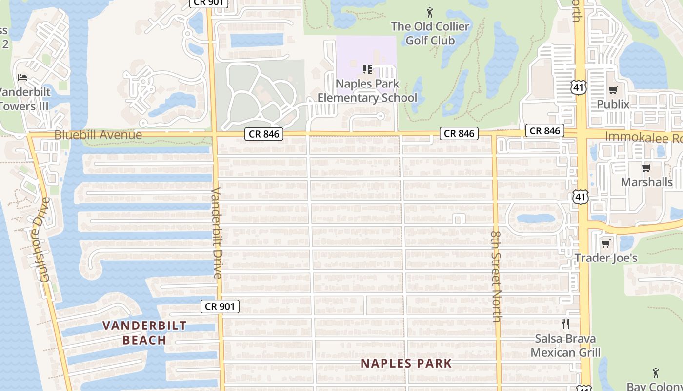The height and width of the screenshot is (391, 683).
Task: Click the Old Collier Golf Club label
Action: point(430,33)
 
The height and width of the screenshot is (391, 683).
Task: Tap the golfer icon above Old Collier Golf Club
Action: point(430,12)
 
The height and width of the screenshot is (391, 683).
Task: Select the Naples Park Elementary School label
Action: point(367,90)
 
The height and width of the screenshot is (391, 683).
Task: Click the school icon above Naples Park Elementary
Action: point(367,69)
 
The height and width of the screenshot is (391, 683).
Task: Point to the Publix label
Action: point(613,104)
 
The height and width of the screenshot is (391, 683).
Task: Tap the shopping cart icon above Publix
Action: point(613,90)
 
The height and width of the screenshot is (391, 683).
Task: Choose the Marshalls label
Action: point(646,182)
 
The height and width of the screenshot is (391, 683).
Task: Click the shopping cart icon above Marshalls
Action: point(646,168)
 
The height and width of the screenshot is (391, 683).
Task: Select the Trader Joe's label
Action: point(606,258)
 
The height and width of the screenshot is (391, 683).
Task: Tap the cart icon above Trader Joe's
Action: point(606,243)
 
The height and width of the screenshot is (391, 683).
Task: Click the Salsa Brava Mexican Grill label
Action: point(566,345)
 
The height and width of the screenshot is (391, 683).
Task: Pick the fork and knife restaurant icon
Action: point(565,324)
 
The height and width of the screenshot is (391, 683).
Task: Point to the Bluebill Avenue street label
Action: point(99,135)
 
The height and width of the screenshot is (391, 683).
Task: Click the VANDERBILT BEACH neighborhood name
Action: point(144,332)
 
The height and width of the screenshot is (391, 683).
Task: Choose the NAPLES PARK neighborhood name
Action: point(406,363)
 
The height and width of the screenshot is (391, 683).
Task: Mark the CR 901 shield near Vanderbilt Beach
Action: point(220,306)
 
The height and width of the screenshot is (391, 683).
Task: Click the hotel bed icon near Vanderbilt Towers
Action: point(22,77)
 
